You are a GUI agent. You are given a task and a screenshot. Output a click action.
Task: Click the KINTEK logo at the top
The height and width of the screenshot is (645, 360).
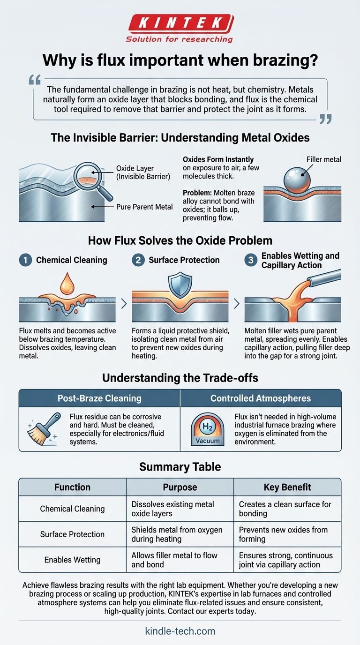click(180, 23)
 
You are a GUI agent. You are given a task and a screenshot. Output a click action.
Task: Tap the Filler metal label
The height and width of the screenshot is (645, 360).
click(324, 159)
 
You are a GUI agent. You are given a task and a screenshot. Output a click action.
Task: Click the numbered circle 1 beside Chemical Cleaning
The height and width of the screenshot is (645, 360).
click(25, 260)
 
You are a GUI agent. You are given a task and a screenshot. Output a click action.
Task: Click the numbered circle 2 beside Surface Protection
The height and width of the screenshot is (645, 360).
click(138, 260)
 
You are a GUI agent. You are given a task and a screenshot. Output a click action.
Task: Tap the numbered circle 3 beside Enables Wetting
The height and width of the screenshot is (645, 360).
click(251, 260)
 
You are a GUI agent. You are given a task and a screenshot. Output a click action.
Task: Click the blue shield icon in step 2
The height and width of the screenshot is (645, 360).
click(180, 286)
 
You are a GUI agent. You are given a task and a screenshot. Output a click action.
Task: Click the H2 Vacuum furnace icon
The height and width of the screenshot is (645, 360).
click(207, 429)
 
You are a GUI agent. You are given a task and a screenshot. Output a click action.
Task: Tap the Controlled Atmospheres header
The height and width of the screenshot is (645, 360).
click(261, 398)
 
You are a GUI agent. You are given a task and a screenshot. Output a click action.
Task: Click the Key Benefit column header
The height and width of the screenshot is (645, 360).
click(287, 487)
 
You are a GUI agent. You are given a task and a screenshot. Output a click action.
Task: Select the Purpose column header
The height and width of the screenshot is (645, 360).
click(180, 487)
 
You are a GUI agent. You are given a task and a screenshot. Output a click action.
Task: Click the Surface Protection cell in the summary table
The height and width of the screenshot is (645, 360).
click(72, 534)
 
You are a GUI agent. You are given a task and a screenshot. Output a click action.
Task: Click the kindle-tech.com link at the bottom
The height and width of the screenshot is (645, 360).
click(180, 631)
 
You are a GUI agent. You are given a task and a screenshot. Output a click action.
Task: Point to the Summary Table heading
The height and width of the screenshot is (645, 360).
click(180, 466)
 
